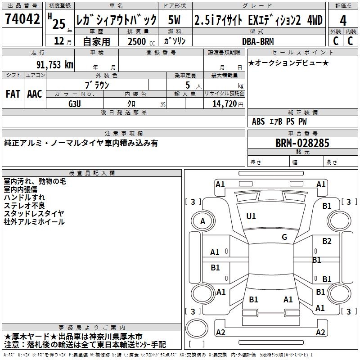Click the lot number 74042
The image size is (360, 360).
(22, 19)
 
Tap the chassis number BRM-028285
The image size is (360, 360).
(302, 143)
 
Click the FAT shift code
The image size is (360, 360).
(13, 94)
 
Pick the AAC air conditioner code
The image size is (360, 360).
(35, 94)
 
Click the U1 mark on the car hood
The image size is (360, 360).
(251, 216)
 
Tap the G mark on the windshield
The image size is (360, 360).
(284, 237)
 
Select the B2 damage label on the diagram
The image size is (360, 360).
(327, 241)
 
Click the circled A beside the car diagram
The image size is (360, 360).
(202, 221)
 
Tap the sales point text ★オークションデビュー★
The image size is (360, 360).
(288, 63)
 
